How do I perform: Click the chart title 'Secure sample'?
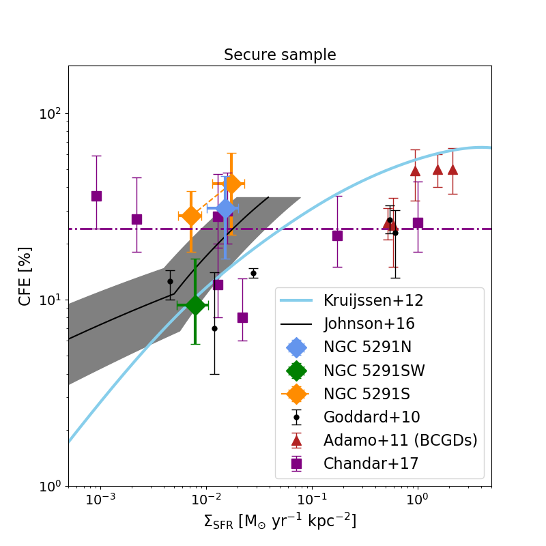pos(280,55)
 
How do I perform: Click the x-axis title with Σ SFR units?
pos(280,521)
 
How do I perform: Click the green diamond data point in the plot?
pos(195,305)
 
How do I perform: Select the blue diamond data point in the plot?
pos(226,209)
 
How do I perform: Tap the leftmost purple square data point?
pos(96,196)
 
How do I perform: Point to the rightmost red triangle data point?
pos(452,169)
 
